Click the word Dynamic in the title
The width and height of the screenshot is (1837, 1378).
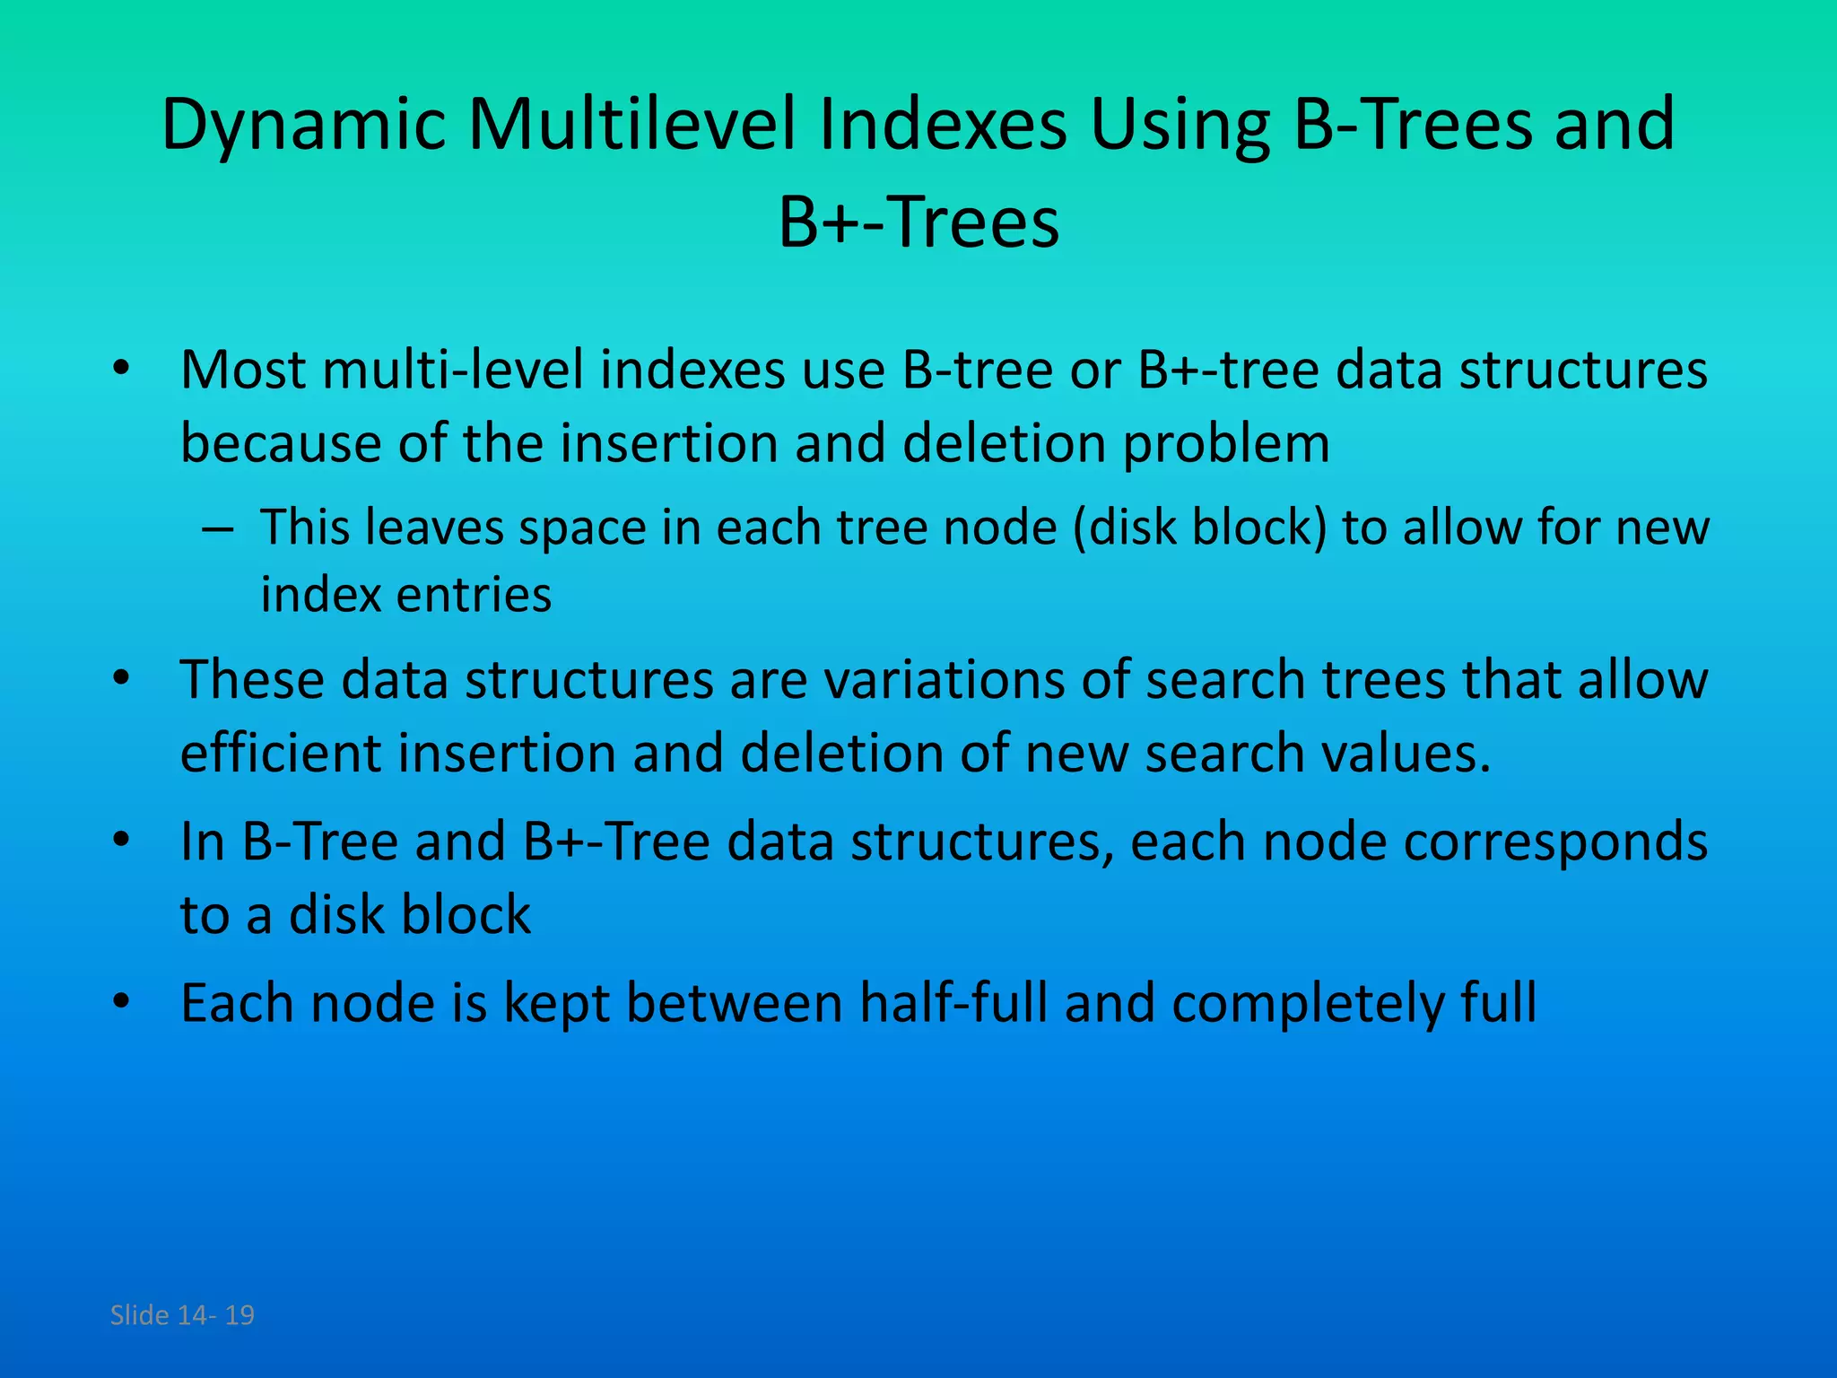(303, 126)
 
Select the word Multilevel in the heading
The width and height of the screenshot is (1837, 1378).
(632, 124)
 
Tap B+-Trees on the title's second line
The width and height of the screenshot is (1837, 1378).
(918, 222)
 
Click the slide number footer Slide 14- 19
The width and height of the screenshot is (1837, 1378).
(182, 1315)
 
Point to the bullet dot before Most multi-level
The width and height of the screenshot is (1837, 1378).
(122, 369)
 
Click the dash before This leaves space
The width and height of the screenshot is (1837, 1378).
(218, 528)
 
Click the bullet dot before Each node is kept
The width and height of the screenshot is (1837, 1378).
(122, 1001)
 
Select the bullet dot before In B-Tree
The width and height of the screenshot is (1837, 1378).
(122, 841)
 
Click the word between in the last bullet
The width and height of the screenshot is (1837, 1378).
(735, 1003)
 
